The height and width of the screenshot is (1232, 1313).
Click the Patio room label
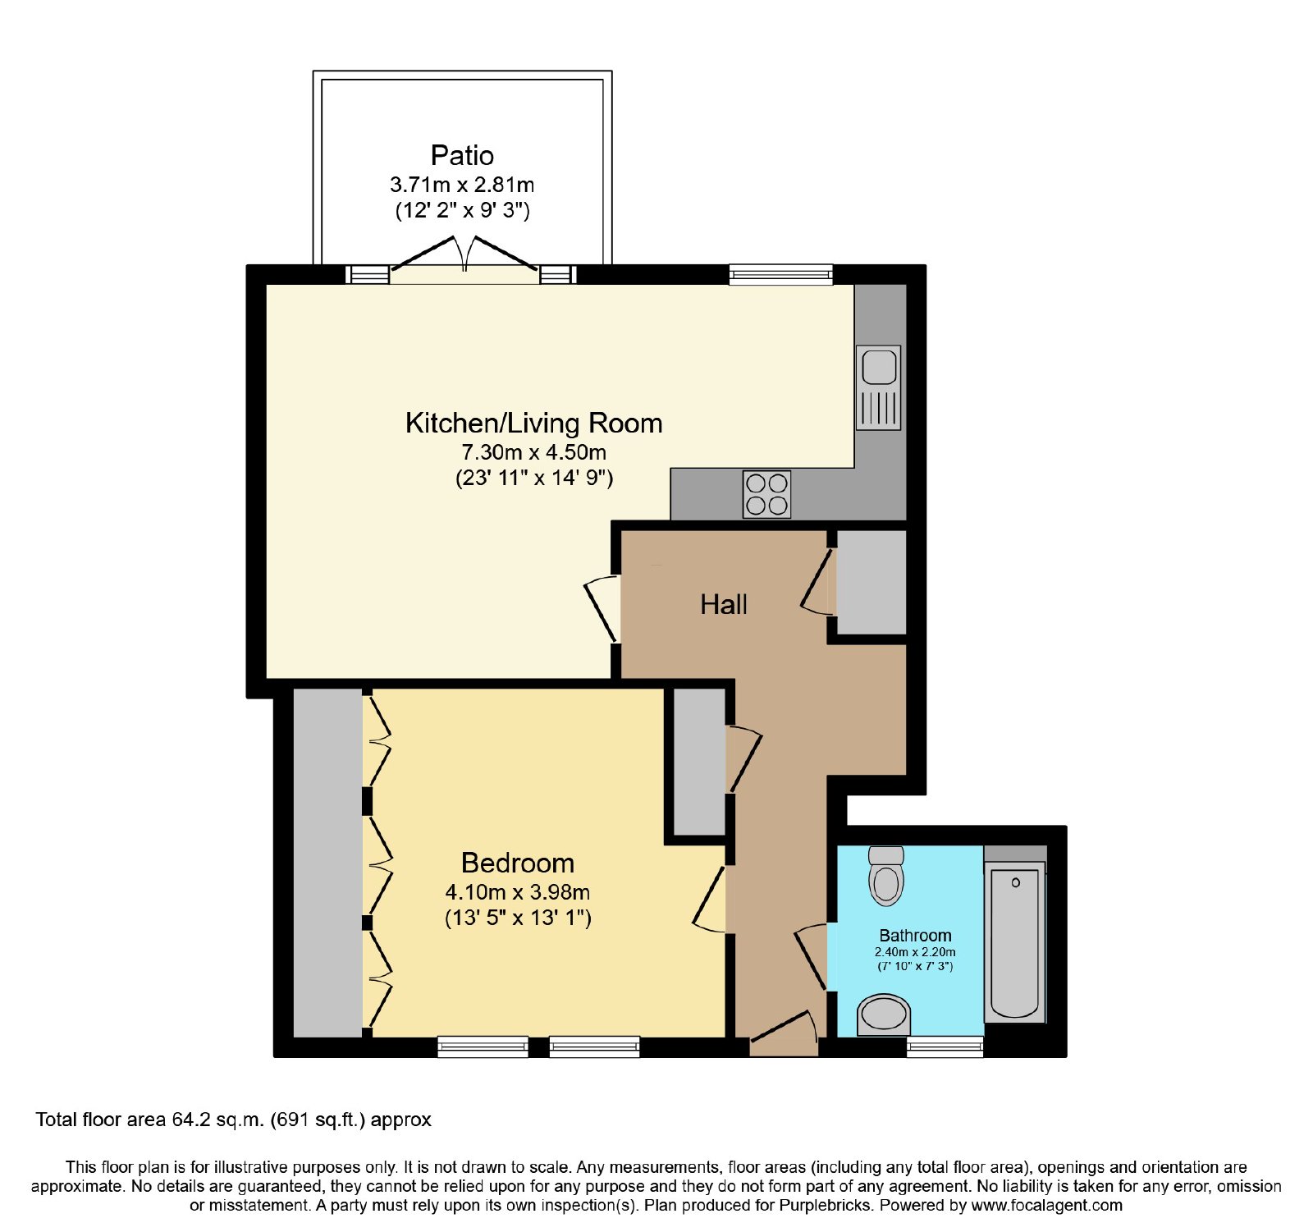462,156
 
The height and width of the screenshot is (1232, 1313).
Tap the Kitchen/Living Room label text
534,424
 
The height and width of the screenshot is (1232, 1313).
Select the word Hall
724,605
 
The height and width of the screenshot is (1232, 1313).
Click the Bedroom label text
518,863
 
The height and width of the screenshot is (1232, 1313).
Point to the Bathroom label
915,936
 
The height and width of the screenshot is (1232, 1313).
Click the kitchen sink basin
879,367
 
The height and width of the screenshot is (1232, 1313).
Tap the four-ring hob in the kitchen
767,494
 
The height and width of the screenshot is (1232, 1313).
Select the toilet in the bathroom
886,876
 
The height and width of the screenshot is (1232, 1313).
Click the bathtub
1015,942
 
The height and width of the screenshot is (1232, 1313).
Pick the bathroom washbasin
884,1014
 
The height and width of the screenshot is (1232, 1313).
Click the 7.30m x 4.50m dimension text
534,452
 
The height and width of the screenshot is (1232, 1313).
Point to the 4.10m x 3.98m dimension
518,892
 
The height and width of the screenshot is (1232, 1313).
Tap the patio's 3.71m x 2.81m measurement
462,185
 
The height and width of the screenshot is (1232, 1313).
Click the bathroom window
945,1047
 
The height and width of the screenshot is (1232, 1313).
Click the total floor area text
234,1120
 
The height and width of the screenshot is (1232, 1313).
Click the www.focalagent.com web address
1046,1206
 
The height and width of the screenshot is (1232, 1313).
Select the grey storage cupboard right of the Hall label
872,582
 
